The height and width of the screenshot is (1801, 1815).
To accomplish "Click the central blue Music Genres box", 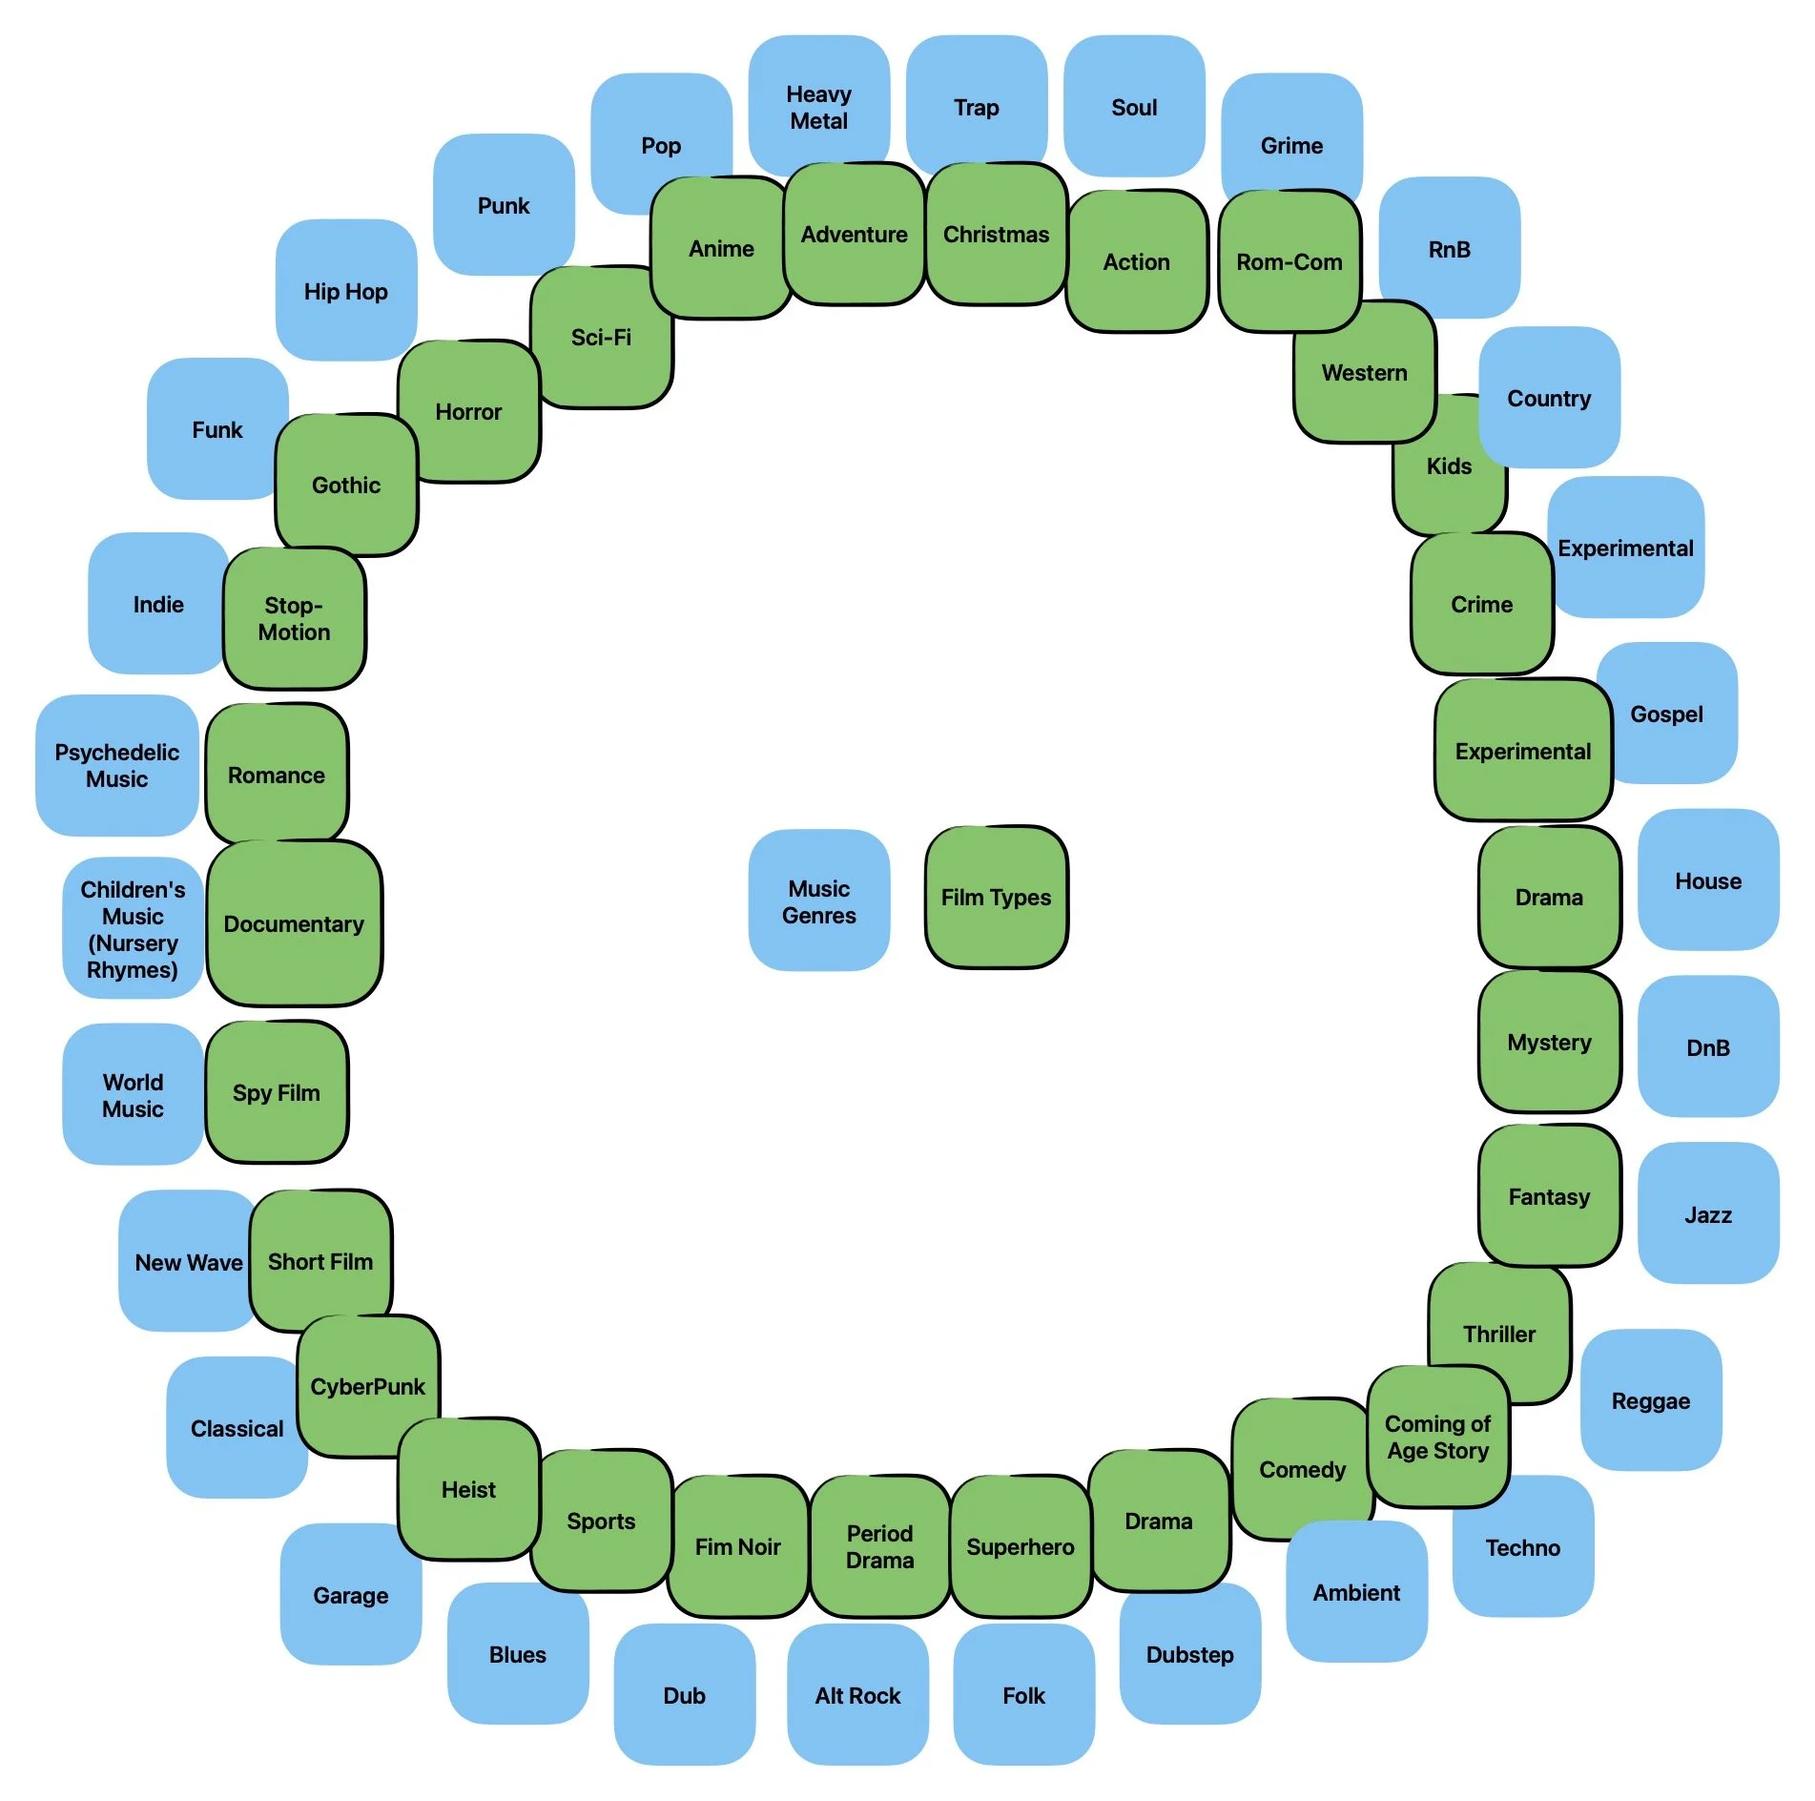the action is (818, 900).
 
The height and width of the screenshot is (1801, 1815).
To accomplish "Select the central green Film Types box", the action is (996, 897).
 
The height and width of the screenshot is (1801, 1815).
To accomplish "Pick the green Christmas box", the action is (996, 234).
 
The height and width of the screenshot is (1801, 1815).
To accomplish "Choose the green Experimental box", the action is (1522, 751).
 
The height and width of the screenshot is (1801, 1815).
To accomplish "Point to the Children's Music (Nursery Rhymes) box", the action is (133, 928).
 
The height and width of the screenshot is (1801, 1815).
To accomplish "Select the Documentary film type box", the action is (294, 923).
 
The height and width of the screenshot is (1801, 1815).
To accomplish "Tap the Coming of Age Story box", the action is (1437, 1437).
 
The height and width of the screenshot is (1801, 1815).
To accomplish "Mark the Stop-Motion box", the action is (294, 618).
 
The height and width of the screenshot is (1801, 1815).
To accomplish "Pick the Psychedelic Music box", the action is (116, 765).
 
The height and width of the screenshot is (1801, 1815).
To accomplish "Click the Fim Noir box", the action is (737, 1546).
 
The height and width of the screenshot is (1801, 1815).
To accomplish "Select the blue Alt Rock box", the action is (857, 1695).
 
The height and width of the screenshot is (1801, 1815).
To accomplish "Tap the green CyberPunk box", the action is (367, 1386).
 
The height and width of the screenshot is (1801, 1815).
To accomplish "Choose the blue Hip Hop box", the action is (345, 291).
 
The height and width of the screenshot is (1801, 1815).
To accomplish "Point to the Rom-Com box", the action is (1289, 261).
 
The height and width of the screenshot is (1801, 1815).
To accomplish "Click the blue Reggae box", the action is (1650, 1400).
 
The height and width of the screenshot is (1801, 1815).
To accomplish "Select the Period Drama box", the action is (879, 1546).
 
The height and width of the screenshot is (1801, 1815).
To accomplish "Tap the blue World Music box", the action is (133, 1095).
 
